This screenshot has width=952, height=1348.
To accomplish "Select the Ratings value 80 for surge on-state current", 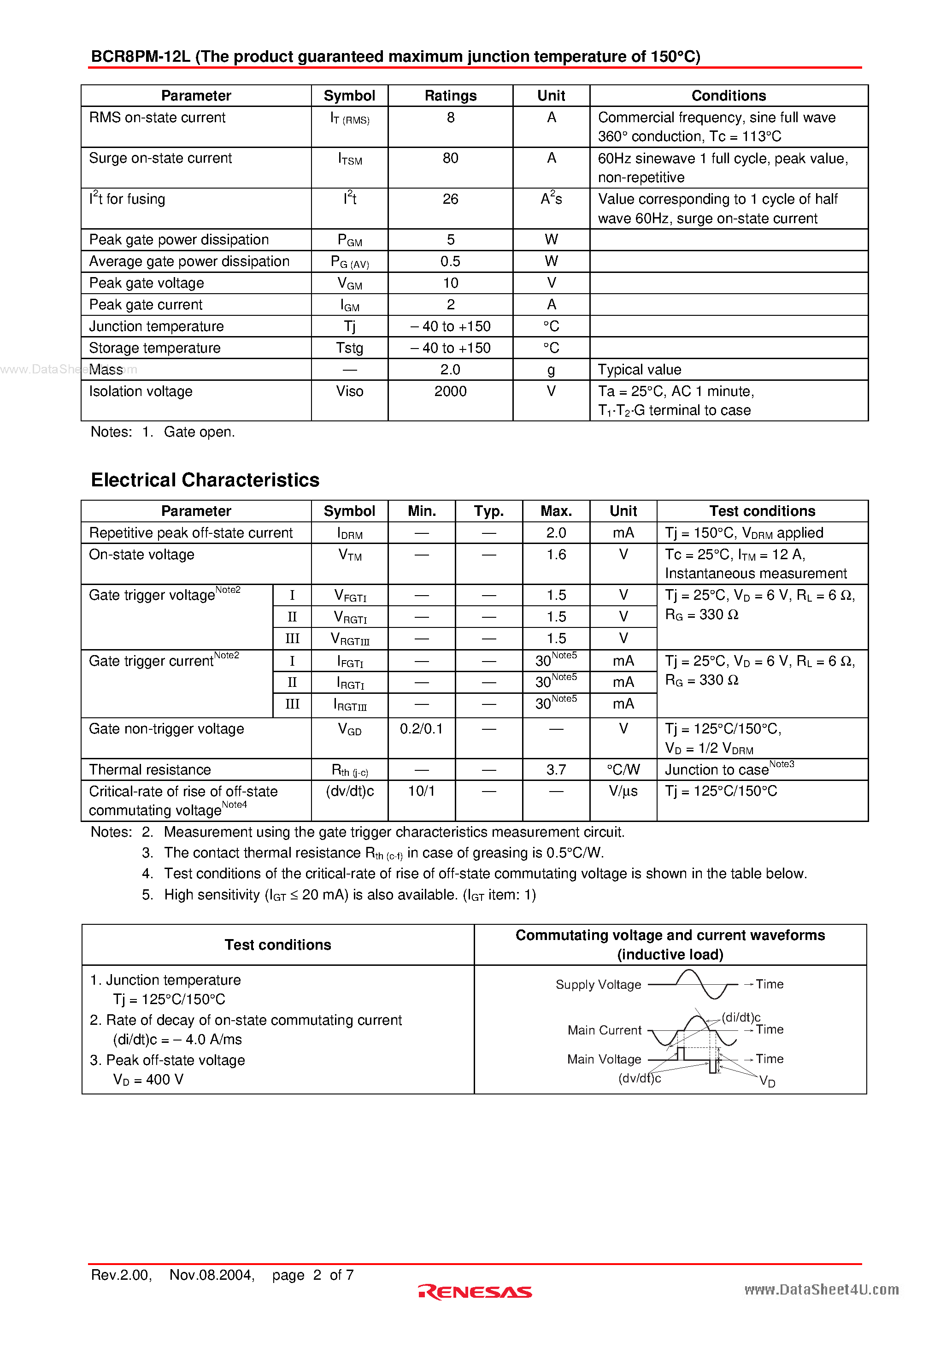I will click(450, 159).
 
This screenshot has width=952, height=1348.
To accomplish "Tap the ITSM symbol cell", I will click(350, 159).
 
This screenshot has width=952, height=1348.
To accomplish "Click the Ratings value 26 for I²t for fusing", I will click(450, 200).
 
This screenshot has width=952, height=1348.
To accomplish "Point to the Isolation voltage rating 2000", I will click(450, 391).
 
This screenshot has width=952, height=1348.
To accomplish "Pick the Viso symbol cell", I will click(350, 391).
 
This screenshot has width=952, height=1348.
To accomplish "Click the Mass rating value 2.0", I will click(450, 370).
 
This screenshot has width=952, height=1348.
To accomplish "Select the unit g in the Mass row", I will click(551, 370).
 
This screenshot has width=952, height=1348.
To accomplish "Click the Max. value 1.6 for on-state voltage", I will click(556, 555).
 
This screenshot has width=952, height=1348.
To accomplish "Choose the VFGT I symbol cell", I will click(350, 596).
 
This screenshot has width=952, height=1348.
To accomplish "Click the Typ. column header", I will click(489, 511).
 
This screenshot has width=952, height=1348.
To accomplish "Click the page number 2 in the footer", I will click(317, 1275).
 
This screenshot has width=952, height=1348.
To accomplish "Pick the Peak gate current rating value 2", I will click(450, 305).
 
